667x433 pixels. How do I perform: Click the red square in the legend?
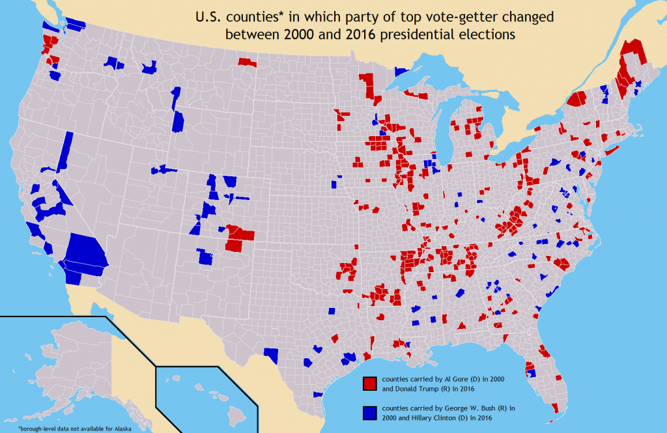point(370,383)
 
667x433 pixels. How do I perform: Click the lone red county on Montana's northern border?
point(247,63)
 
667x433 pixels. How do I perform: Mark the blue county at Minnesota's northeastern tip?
point(401,72)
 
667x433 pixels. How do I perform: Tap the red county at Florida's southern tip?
point(554,408)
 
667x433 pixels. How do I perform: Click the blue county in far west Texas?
point(271,355)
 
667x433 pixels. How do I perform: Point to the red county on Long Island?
point(612,151)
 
